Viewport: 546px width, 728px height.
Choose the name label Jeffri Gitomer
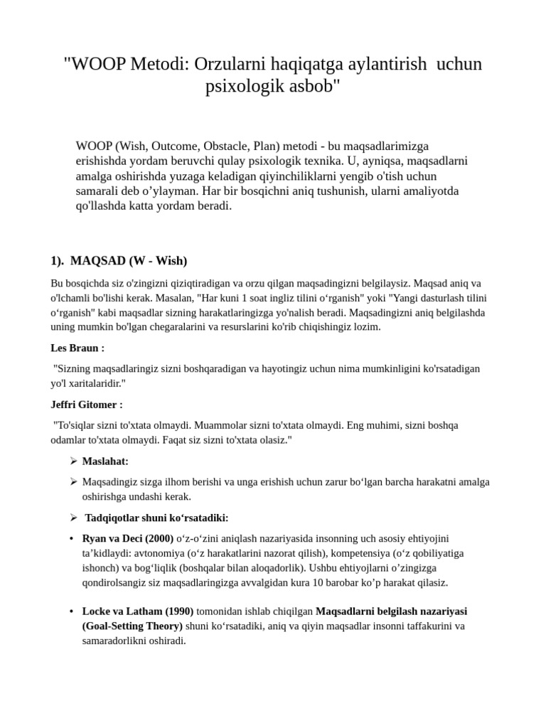(86, 405)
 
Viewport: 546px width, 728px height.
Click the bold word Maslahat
(105, 461)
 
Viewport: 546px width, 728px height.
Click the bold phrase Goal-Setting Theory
(133, 626)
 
